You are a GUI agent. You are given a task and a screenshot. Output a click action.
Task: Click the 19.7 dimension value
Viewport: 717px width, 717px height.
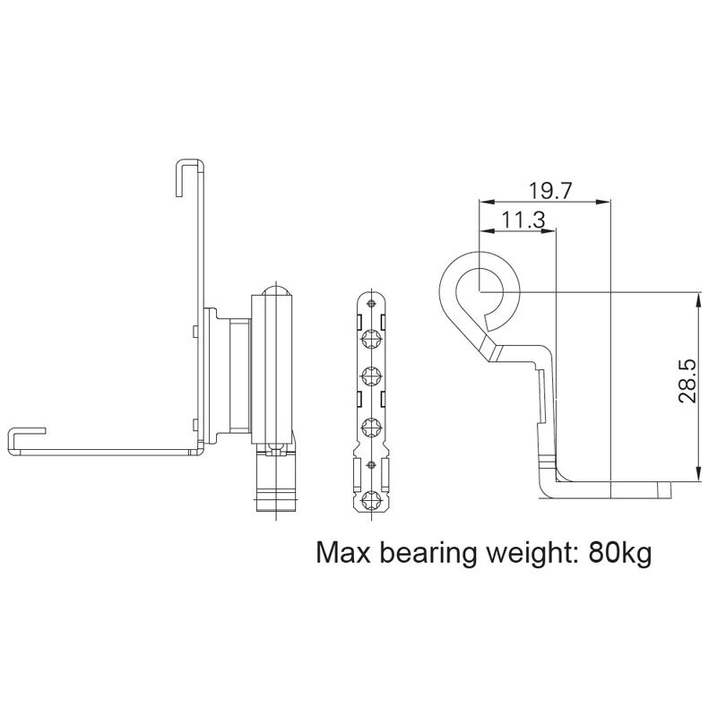coord(550,190)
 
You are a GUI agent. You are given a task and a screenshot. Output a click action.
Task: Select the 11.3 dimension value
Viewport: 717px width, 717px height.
coord(523,220)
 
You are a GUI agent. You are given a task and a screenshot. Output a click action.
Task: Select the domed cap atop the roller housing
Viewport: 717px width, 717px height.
coord(274,291)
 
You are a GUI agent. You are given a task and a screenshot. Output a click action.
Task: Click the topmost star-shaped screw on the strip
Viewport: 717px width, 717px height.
coord(370,342)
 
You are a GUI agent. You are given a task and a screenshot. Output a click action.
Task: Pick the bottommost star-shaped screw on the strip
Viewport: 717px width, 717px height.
coord(370,502)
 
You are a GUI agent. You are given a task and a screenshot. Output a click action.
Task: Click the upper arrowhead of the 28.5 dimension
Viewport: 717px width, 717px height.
coord(697,298)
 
